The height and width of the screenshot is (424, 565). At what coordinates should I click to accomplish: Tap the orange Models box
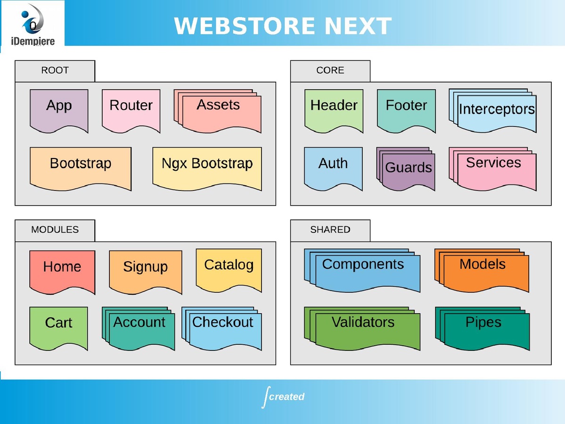(x=483, y=271)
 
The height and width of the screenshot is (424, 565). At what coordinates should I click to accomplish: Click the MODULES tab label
(x=55, y=230)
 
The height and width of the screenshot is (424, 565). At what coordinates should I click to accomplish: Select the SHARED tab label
(x=330, y=230)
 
